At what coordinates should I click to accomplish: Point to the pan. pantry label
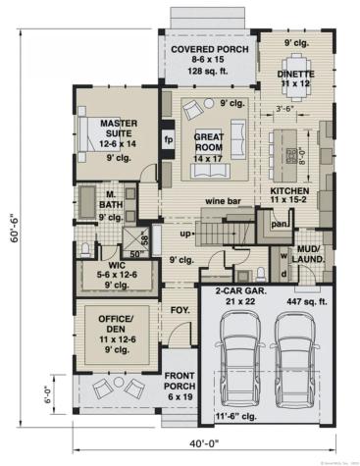[x=278, y=224]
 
